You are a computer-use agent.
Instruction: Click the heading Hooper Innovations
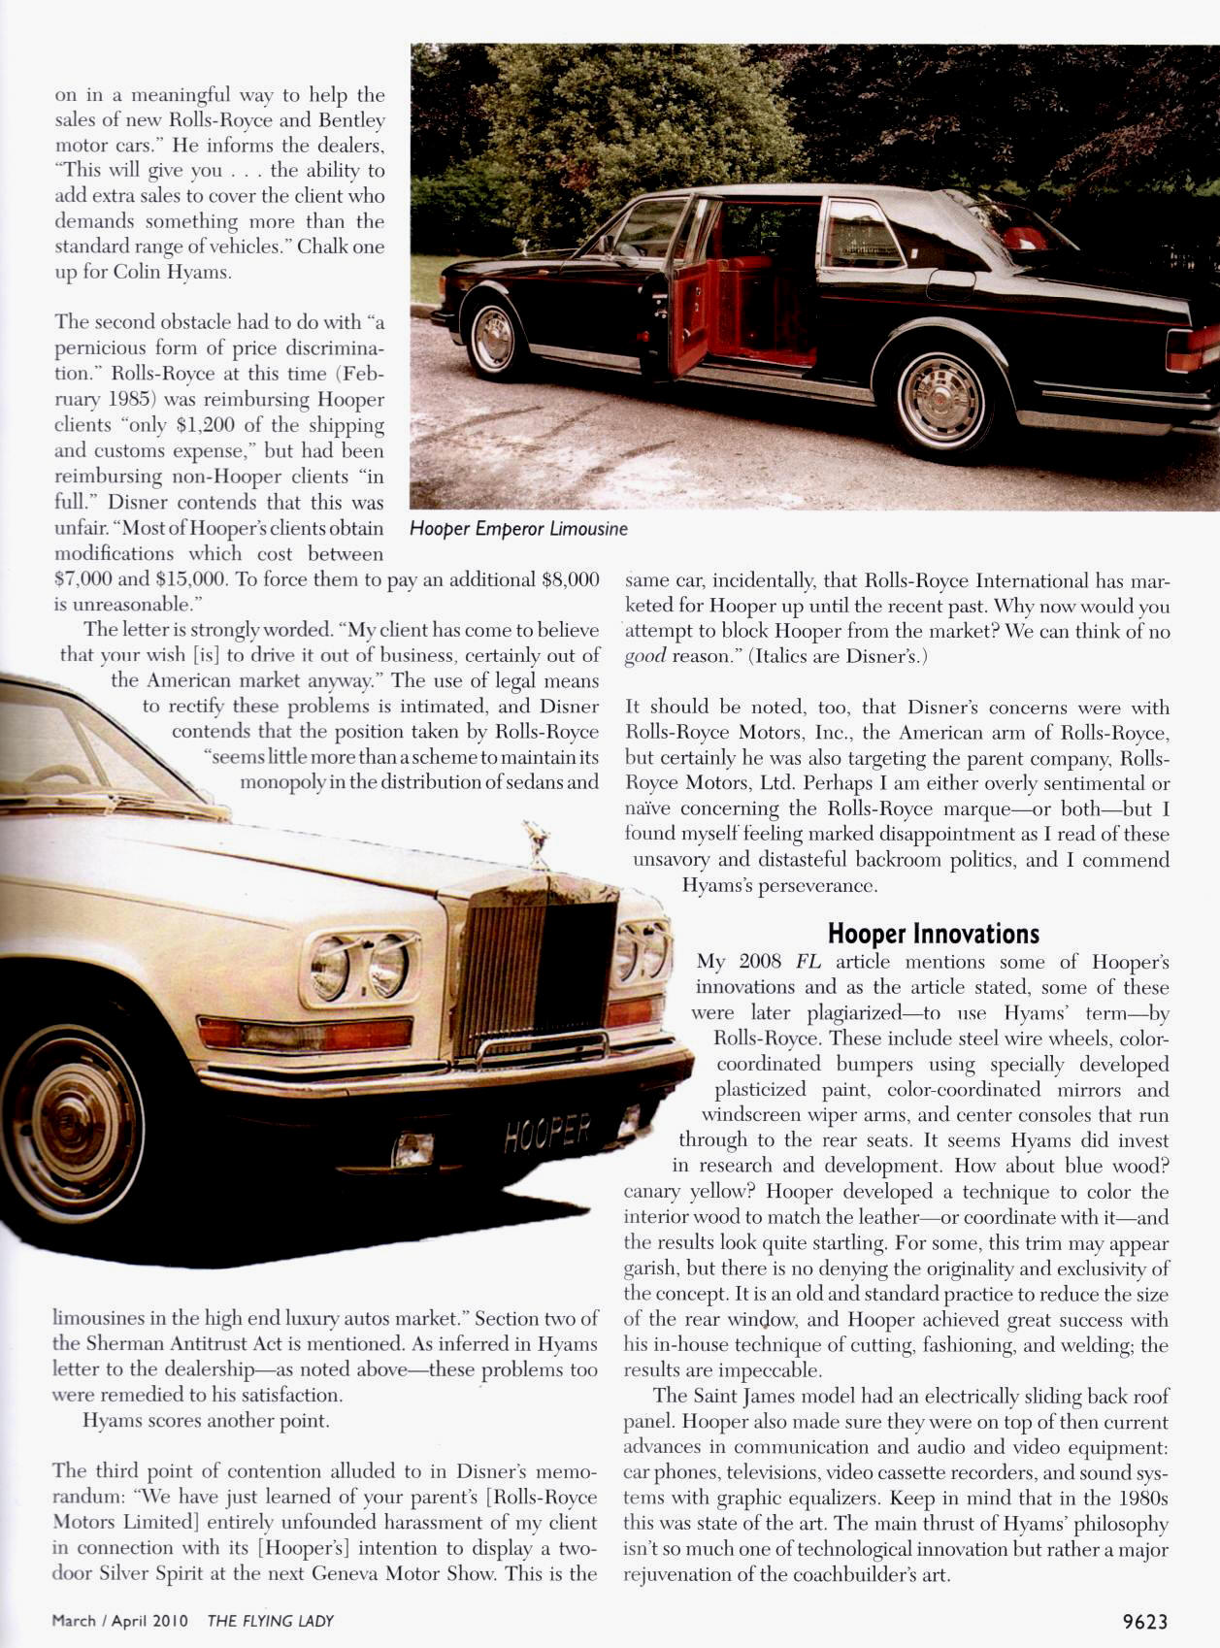[933, 934]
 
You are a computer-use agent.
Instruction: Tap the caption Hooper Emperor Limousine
[518, 529]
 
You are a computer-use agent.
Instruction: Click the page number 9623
[1144, 1621]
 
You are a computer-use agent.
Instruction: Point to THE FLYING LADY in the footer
[270, 1621]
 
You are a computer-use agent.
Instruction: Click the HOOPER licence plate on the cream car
[547, 1133]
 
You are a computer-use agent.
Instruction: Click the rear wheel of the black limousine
[940, 397]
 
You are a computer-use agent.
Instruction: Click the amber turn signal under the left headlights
[304, 1033]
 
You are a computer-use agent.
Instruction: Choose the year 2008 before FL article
[760, 962]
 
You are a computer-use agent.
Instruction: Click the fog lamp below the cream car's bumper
[412, 1149]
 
